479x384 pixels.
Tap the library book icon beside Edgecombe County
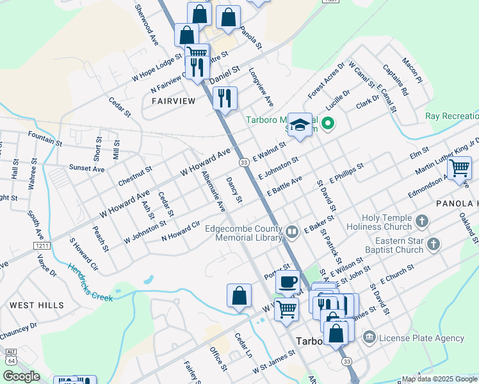pos(293,231)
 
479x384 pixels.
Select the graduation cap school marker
pos(300,125)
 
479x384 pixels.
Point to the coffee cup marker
pos(288,281)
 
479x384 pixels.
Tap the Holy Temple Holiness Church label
pos(378,222)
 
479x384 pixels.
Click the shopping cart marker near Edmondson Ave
pos(459,169)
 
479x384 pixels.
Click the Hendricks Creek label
pos(90,284)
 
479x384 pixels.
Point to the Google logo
pos(21,376)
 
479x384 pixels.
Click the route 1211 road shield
pos(42,245)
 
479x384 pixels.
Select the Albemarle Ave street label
pos(213,191)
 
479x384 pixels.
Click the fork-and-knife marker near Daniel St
pos(224,98)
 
